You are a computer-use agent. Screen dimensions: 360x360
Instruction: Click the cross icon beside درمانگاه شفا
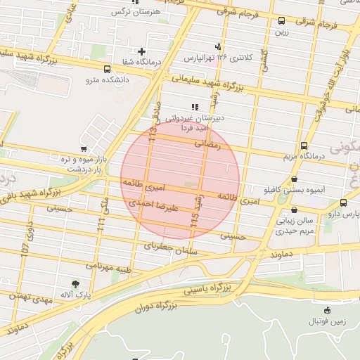tap(142, 51)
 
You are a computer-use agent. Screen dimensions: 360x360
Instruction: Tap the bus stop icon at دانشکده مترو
tap(107, 69)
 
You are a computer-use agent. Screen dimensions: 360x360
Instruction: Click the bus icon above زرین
tap(281, 20)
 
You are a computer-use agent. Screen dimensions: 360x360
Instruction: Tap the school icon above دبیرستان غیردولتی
tap(195, 106)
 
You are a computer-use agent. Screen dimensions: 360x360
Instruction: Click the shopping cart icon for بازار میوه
tap(84, 149)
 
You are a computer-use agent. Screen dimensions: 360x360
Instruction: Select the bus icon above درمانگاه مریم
tap(303, 146)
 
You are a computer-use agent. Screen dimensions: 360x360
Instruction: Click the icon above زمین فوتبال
tap(327, 310)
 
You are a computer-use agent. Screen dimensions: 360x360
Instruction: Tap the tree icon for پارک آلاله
tap(75, 283)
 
